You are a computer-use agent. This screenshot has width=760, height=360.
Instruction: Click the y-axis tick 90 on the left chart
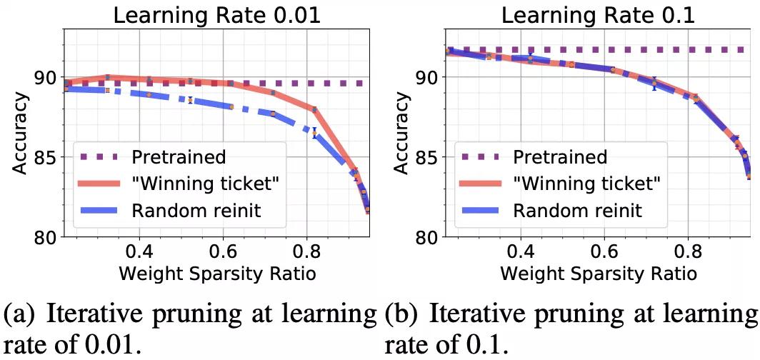point(44,77)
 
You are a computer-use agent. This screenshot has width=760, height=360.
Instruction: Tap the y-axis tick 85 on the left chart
point(44,157)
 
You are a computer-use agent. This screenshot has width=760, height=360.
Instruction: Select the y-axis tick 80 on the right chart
point(424,237)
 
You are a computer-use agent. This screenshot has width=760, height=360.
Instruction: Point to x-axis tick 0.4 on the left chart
point(139,253)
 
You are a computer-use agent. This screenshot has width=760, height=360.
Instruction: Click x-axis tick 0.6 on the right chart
point(604,253)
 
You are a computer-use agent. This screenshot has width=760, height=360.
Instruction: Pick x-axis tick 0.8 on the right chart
point(686,253)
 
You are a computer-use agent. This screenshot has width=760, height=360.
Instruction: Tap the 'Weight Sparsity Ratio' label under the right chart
point(598,274)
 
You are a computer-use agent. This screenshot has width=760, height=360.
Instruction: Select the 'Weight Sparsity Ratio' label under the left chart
point(219,274)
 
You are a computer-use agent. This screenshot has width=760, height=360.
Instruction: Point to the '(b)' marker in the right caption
point(404,314)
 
